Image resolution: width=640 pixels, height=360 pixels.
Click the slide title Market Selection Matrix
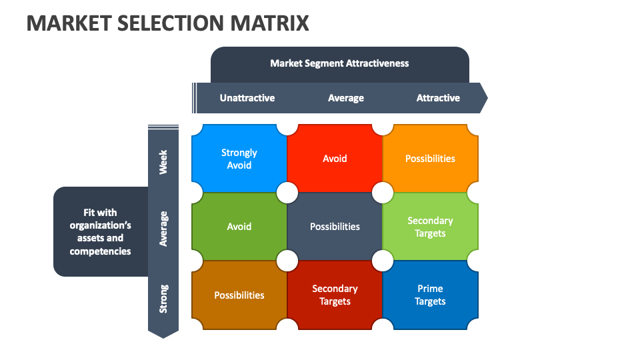coord(168,23)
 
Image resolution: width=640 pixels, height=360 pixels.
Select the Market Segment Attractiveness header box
coord(339,64)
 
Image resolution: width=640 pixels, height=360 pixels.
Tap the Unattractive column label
coord(247,98)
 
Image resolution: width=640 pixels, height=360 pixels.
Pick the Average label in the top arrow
coord(345,98)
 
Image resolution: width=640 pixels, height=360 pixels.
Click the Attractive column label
coord(438,98)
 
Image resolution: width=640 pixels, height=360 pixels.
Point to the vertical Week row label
coord(163,161)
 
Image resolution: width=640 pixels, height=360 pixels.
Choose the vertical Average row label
coord(163,229)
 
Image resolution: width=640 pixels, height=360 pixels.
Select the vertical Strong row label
coord(163,299)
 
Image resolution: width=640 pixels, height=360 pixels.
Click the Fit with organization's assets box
coord(100,232)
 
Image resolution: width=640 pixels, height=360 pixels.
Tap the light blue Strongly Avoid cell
coord(239,159)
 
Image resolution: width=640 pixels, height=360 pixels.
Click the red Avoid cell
coord(335,159)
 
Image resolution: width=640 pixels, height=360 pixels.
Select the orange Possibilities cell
coord(430,159)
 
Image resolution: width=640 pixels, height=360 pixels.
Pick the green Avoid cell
coord(239,227)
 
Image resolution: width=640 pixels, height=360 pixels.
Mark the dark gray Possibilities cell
coord(335,227)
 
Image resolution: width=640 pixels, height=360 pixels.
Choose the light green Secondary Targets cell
coord(430,227)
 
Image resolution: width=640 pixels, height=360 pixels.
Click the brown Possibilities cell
coord(239,295)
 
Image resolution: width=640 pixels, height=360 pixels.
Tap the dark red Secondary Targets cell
coord(335,295)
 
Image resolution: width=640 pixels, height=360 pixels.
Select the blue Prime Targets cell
coord(430,295)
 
